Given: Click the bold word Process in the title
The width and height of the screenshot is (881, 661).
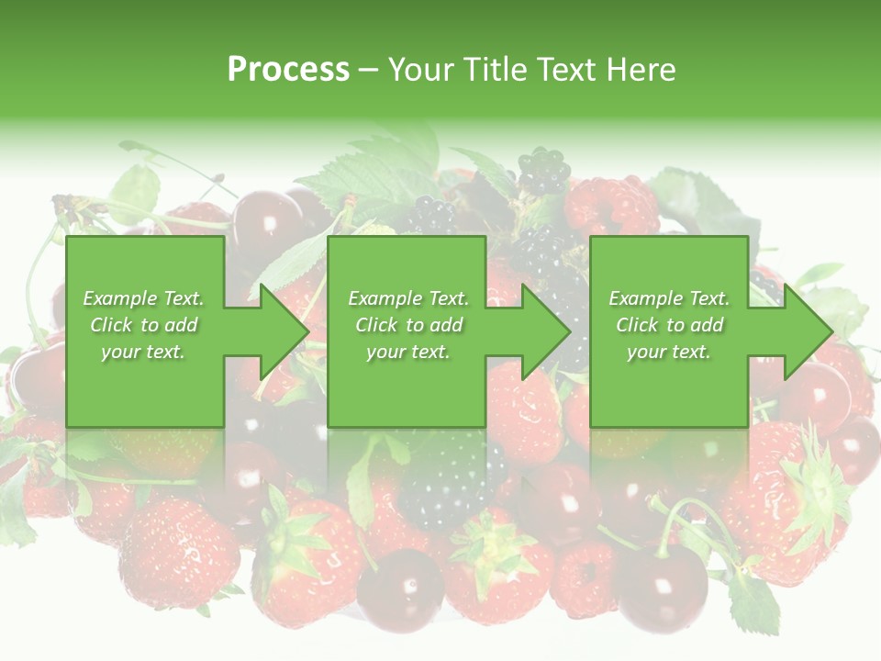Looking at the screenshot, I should tap(288, 70).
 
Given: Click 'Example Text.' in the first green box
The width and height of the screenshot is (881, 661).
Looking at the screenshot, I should tap(143, 298).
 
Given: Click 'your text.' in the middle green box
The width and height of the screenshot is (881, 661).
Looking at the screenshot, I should tap(407, 352).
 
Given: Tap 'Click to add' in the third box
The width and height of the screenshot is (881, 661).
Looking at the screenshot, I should tap(669, 325).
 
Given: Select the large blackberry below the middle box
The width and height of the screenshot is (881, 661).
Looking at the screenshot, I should tap(450, 477).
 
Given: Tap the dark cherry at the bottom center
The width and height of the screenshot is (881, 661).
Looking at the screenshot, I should tap(399, 588).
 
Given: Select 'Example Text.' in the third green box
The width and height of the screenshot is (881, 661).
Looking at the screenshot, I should tap(669, 298).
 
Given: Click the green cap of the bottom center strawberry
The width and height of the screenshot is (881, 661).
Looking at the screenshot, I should tap(491, 542).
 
